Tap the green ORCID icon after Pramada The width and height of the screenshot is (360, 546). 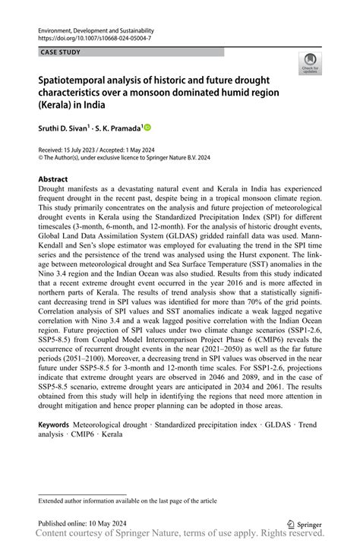click(x=147, y=128)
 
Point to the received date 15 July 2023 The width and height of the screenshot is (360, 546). click(x=82, y=149)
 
